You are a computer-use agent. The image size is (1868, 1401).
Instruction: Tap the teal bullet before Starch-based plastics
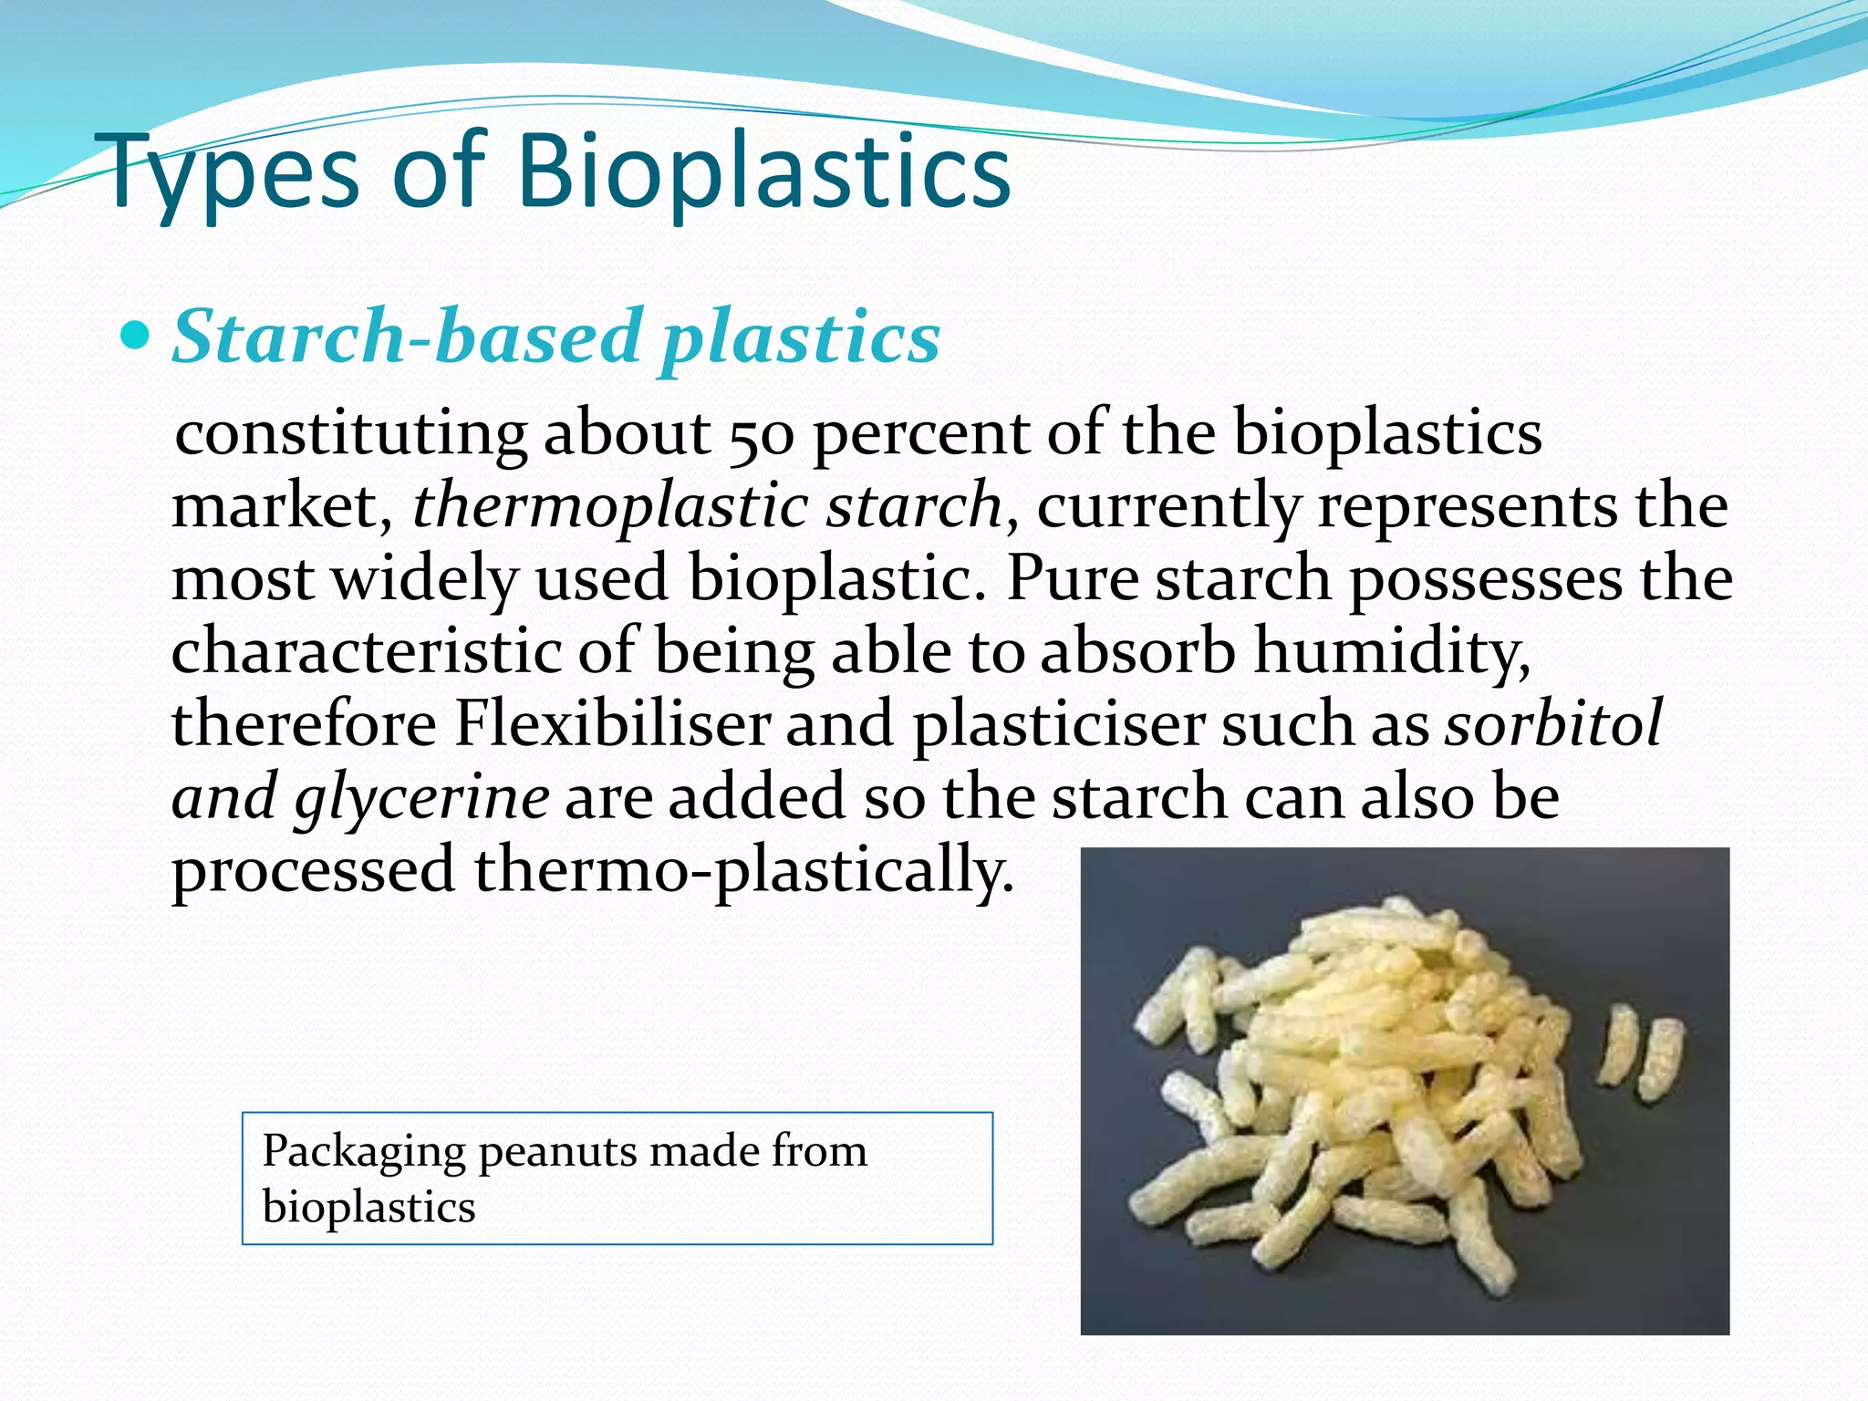(134, 337)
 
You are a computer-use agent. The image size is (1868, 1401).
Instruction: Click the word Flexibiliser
(612, 725)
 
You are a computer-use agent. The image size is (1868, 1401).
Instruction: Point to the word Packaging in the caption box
(363, 1152)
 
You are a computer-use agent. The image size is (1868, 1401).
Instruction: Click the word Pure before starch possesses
(1071, 579)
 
